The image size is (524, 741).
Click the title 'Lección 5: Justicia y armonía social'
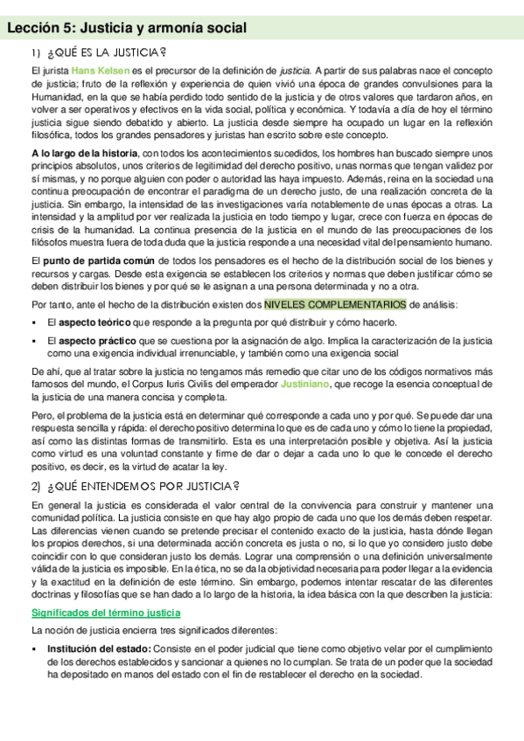point(127,29)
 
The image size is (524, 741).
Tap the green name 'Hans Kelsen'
point(101,71)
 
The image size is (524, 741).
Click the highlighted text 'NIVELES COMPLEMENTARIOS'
point(335,304)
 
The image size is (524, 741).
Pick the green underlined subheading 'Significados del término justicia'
point(101,613)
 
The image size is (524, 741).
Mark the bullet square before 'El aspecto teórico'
point(35,322)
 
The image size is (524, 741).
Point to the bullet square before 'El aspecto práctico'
point(35,340)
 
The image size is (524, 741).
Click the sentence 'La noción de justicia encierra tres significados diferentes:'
point(154,630)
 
